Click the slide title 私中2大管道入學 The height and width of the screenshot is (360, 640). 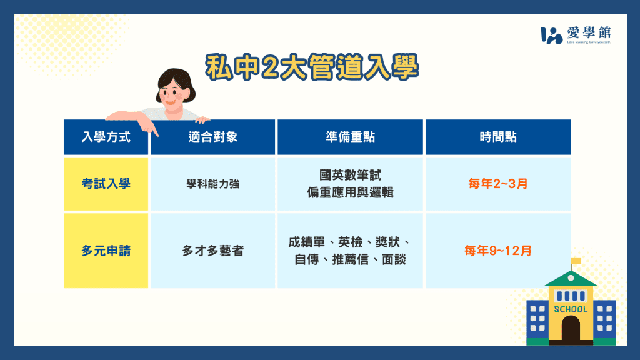coord(312,67)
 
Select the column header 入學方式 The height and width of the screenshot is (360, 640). coord(106,137)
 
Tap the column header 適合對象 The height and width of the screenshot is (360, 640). coord(213,137)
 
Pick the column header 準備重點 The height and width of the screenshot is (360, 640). coord(350,137)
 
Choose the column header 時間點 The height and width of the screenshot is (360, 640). coord(498,137)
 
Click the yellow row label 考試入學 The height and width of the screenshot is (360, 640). coord(106,184)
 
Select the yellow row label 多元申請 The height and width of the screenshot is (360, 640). coord(106,251)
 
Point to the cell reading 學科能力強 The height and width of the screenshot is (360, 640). coord(213,184)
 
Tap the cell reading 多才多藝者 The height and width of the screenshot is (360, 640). coord(213,251)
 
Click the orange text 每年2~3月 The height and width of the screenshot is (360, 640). coord(498,184)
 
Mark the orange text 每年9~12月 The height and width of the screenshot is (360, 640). coord(498,251)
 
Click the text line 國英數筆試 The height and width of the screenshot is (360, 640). coord(350,176)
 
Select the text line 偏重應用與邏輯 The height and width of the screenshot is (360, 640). coord(350,192)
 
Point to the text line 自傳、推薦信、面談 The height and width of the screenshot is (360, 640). coord(350,259)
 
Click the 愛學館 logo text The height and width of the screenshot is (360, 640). coord(589,32)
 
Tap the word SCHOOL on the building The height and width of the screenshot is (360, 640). coord(571,309)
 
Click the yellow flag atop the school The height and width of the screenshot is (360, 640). coord(576,261)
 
